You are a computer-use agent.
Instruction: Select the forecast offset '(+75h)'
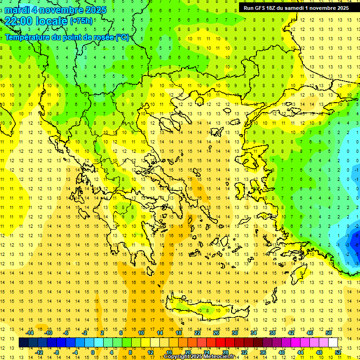tap(81, 21)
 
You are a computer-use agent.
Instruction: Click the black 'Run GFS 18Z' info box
tap(296, 8)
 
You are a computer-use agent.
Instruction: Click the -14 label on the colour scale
tap(30, 333)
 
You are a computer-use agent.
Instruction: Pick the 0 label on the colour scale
tap(93, 352)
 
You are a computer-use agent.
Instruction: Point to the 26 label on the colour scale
tap(216, 333)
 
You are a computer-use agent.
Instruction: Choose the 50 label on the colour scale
tap(329, 333)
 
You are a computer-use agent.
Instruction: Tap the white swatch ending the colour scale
tap(333, 342)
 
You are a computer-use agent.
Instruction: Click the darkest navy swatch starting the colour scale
tap(23, 342)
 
